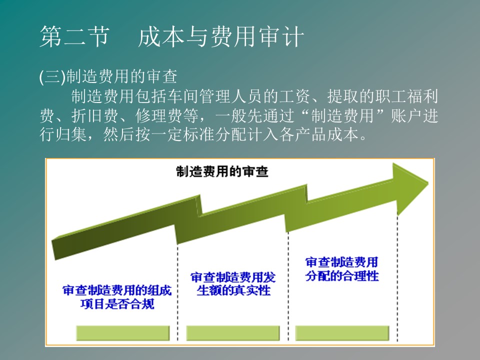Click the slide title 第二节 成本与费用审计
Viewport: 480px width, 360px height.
(x=171, y=36)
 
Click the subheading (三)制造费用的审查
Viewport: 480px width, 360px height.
(x=108, y=76)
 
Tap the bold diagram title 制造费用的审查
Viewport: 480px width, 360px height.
(x=222, y=171)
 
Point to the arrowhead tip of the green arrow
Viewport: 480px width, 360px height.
(x=427, y=183)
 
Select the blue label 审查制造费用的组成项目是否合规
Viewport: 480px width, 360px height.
(x=117, y=297)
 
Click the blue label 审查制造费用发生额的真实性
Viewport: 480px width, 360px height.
(x=233, y=284)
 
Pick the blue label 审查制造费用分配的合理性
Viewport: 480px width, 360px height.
(x=342, y=269)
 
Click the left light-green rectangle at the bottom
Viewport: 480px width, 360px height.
(x=123, y=333)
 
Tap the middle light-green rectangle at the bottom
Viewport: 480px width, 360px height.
(x=232, y=333)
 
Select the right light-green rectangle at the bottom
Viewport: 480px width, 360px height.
(x=342, y=333)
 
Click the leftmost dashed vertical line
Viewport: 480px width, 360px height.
(x=177, y=292)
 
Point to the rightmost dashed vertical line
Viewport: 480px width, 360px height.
(x=397, y=278)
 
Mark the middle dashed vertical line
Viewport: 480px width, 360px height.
(x=288, y=286)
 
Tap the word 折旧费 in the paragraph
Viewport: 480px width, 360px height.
(x=95, y=115)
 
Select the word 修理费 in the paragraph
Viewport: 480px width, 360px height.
(x=158, y=115)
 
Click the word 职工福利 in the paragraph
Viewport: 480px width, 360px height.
(x=406, y=96)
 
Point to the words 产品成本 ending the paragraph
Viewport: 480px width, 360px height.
(x=327, y=134)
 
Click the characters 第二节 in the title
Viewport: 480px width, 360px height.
(x=74, y=36)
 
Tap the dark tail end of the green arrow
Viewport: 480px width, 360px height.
(x=53, y=248)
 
